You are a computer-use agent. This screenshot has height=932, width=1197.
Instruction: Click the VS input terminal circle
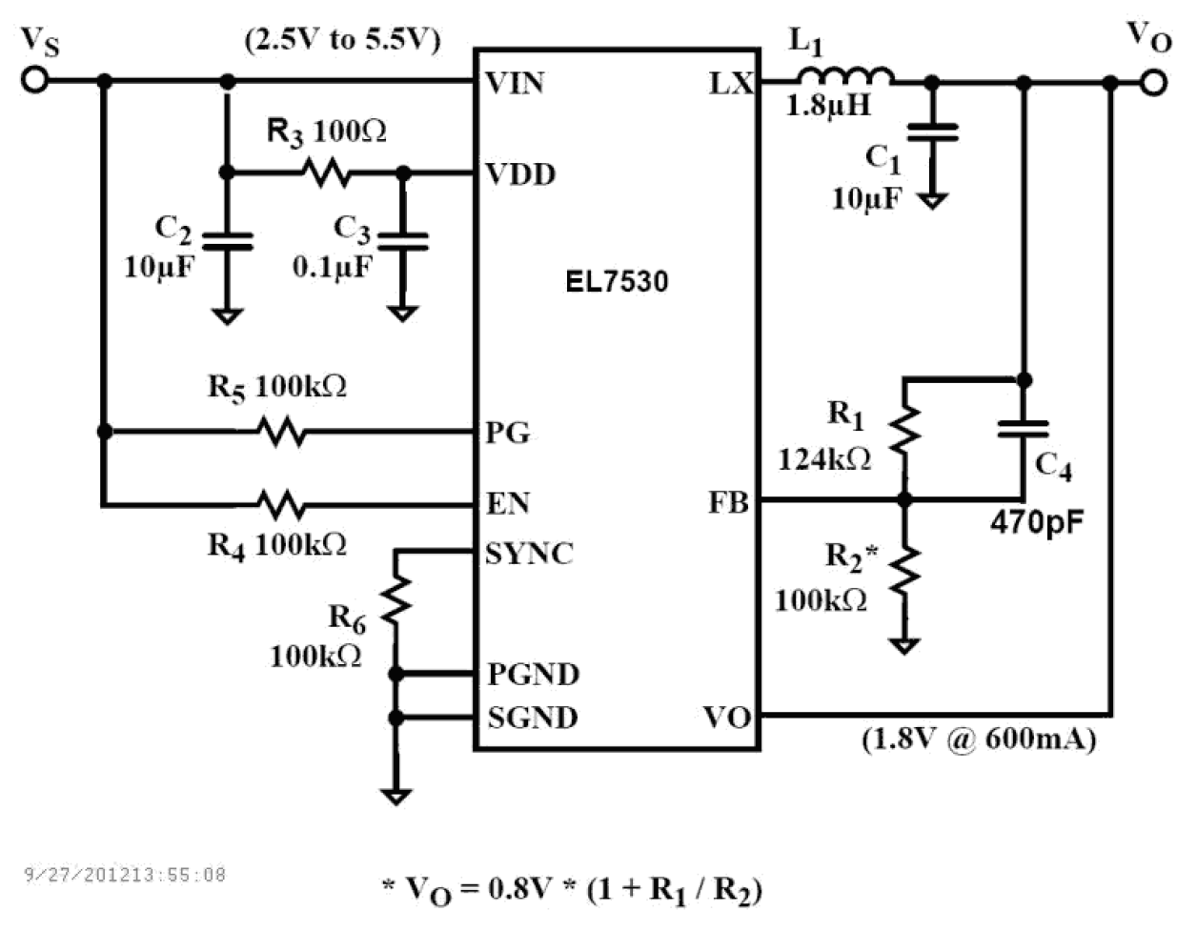[x=34, y=80]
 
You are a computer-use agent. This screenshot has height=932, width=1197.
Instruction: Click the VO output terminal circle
[x=1153, y=84]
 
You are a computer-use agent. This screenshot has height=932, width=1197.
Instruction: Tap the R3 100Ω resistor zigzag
[x=326, y=172]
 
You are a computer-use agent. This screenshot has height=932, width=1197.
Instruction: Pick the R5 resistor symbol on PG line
[x=282, y=432]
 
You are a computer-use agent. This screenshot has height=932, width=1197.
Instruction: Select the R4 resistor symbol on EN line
[x=282, y=503]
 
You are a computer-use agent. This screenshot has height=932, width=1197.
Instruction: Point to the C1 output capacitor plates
[x=932, y=132]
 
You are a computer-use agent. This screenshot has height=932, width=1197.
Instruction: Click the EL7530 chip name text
[x=617, y=282]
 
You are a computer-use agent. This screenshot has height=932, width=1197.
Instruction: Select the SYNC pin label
[x=529, y=554]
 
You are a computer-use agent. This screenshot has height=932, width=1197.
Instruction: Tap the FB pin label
[x=728, y=502]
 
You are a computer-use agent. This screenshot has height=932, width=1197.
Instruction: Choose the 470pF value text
[x=1037, y=522]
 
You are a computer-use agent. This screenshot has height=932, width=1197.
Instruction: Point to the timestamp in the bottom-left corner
[x=124, y=874]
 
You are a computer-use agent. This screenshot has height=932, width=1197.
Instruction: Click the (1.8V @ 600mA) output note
[x=979, y=739]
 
